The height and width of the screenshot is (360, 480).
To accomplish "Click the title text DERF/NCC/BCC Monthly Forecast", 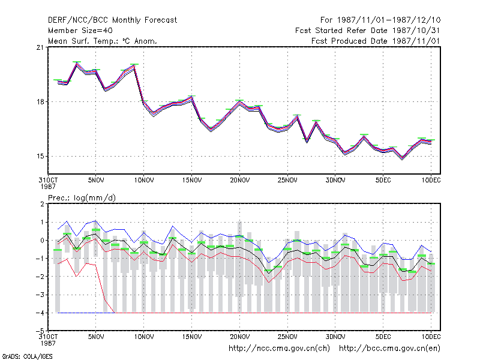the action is point(112,20).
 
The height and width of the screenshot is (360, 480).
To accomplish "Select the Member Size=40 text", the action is point(80,31).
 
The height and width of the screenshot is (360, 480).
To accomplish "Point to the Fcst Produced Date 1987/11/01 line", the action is point(376,41).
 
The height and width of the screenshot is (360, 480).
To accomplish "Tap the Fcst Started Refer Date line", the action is point(368,31).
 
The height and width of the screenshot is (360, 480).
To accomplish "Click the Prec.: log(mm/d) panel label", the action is point(82,198).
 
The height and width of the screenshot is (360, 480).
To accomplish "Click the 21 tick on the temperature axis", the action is point(40,47).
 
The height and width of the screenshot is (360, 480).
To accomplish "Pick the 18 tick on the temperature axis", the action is point(40,101).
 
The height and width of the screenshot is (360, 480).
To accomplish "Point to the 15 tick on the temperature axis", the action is point(40,156).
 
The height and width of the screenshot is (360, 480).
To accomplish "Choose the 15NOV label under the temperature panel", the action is point(192,181).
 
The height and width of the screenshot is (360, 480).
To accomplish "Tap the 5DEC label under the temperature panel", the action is point(383,181).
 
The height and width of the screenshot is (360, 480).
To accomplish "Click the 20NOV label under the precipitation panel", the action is point(239,337).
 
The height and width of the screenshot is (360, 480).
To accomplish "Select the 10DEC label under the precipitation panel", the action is point(431,337).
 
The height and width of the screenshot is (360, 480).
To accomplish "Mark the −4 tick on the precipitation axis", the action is point(39,313).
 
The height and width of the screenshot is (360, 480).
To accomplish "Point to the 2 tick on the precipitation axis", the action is point(42,204).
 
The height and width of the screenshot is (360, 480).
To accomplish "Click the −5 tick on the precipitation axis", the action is point(39,331).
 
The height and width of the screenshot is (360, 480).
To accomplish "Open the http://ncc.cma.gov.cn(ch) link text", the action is point(279,349).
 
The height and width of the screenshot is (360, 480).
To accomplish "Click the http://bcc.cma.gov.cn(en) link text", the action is point(389,349).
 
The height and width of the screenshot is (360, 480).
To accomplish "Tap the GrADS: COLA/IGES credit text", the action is point(27,356).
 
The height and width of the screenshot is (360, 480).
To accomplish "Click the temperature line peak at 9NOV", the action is point(134,65).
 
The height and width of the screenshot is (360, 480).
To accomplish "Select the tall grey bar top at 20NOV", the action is point(239,223).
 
